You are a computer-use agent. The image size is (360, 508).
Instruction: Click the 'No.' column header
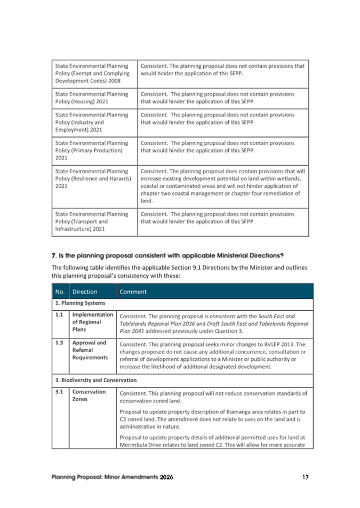[60, 292]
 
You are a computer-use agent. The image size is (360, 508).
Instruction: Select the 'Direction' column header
[85, 292]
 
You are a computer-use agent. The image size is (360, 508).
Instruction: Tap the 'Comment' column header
[133, 292]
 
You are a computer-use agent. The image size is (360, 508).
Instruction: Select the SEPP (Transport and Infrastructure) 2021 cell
[92, 222]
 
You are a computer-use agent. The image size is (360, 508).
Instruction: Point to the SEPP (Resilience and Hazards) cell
[93, 179]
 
